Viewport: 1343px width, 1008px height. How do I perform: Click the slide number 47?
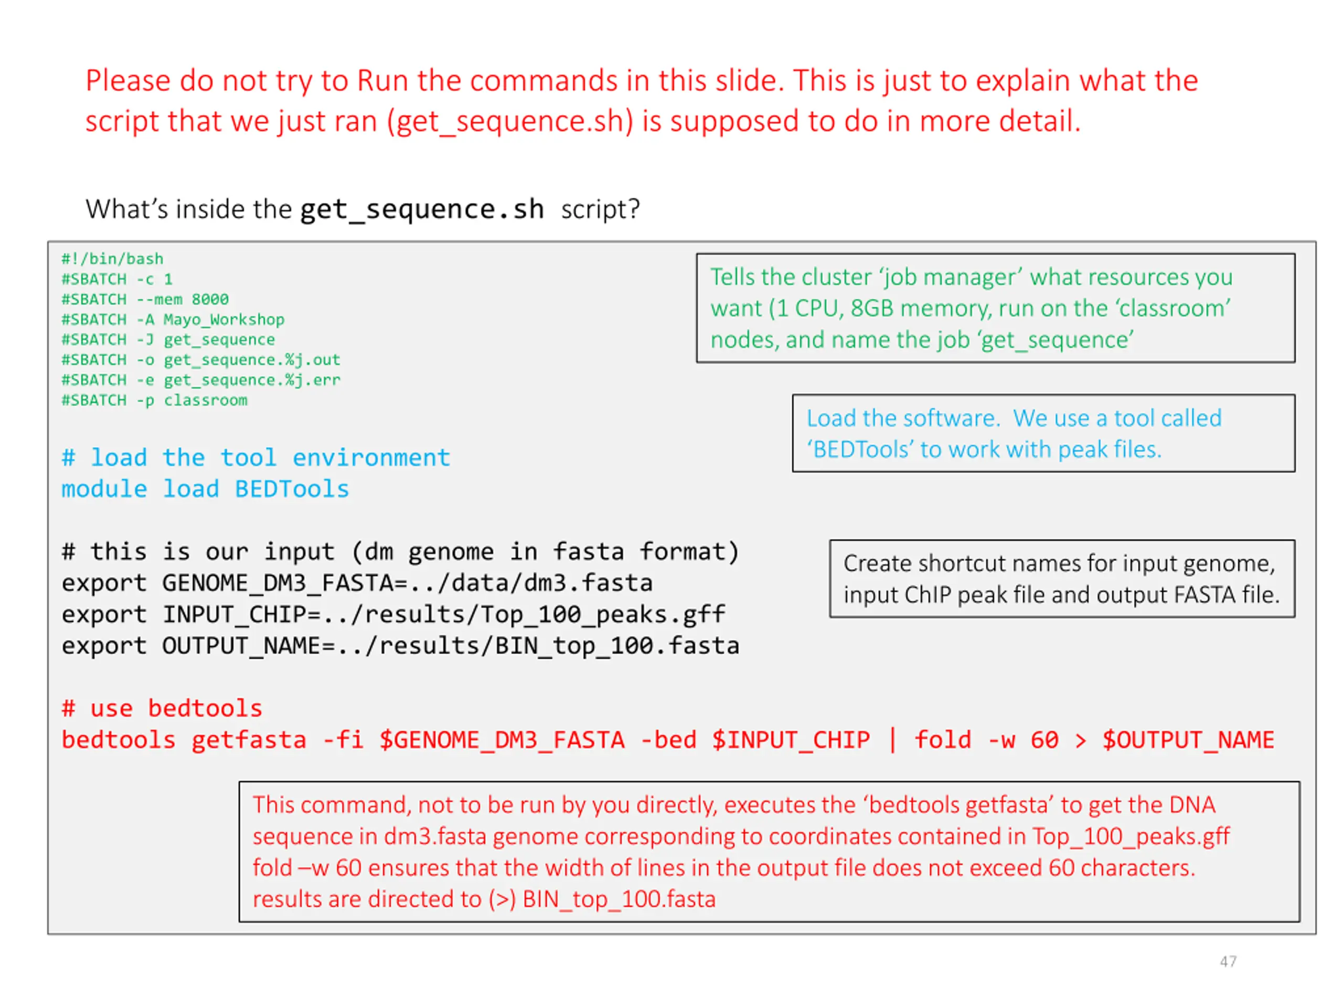coord(1228,961)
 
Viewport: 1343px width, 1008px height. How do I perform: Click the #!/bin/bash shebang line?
coord(112,259)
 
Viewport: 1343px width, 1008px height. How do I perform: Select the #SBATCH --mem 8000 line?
coord(144,299)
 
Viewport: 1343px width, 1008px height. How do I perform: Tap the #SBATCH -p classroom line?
coord(154,400)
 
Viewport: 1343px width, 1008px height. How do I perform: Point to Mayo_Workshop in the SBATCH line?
coord(223,320)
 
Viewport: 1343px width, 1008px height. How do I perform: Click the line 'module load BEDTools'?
coord(205,489)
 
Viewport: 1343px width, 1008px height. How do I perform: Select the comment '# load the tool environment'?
coord(255,457)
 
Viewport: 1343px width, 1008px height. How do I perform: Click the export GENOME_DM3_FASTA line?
coord(357,583)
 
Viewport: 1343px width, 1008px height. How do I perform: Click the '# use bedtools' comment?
coord(162,708)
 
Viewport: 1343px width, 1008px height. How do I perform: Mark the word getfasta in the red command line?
coord(249,740)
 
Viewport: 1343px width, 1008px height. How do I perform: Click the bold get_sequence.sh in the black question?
coord(422,209)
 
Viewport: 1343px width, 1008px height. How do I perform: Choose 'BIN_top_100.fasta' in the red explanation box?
coord(619,899)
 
